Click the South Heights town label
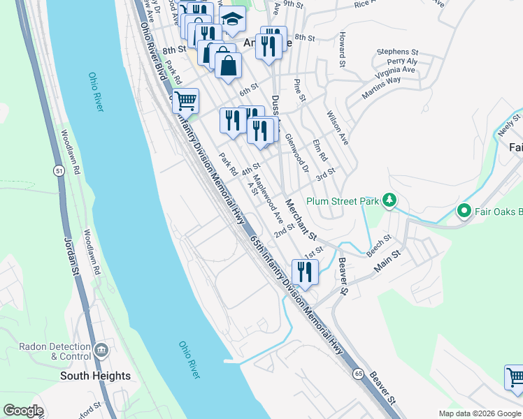95,376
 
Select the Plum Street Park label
340,202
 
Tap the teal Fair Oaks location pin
463,209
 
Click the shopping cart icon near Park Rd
185,101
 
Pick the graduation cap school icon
232,18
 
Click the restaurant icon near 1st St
304,271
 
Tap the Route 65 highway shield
358,374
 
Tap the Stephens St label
397,52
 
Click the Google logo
23,411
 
